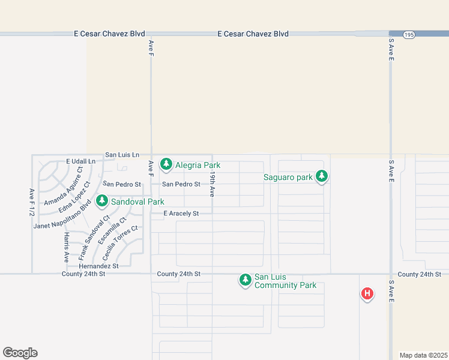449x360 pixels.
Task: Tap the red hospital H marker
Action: (367, 294)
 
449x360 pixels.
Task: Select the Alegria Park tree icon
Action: (166, 164)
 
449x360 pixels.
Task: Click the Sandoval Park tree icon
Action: (103, 201)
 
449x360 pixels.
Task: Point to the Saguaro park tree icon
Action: (322, 176)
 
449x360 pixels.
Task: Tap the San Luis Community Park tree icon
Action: (245, 280)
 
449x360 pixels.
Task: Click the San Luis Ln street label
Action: (122, 155)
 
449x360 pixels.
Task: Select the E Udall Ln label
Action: (80, 162)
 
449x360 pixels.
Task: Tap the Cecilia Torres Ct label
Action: (120, 238)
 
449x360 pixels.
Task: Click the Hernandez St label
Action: (98, 266)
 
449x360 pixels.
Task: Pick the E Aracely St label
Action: (181, 214)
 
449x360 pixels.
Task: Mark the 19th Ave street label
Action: (212, 184)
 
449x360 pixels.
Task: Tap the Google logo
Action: (20, 353)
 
